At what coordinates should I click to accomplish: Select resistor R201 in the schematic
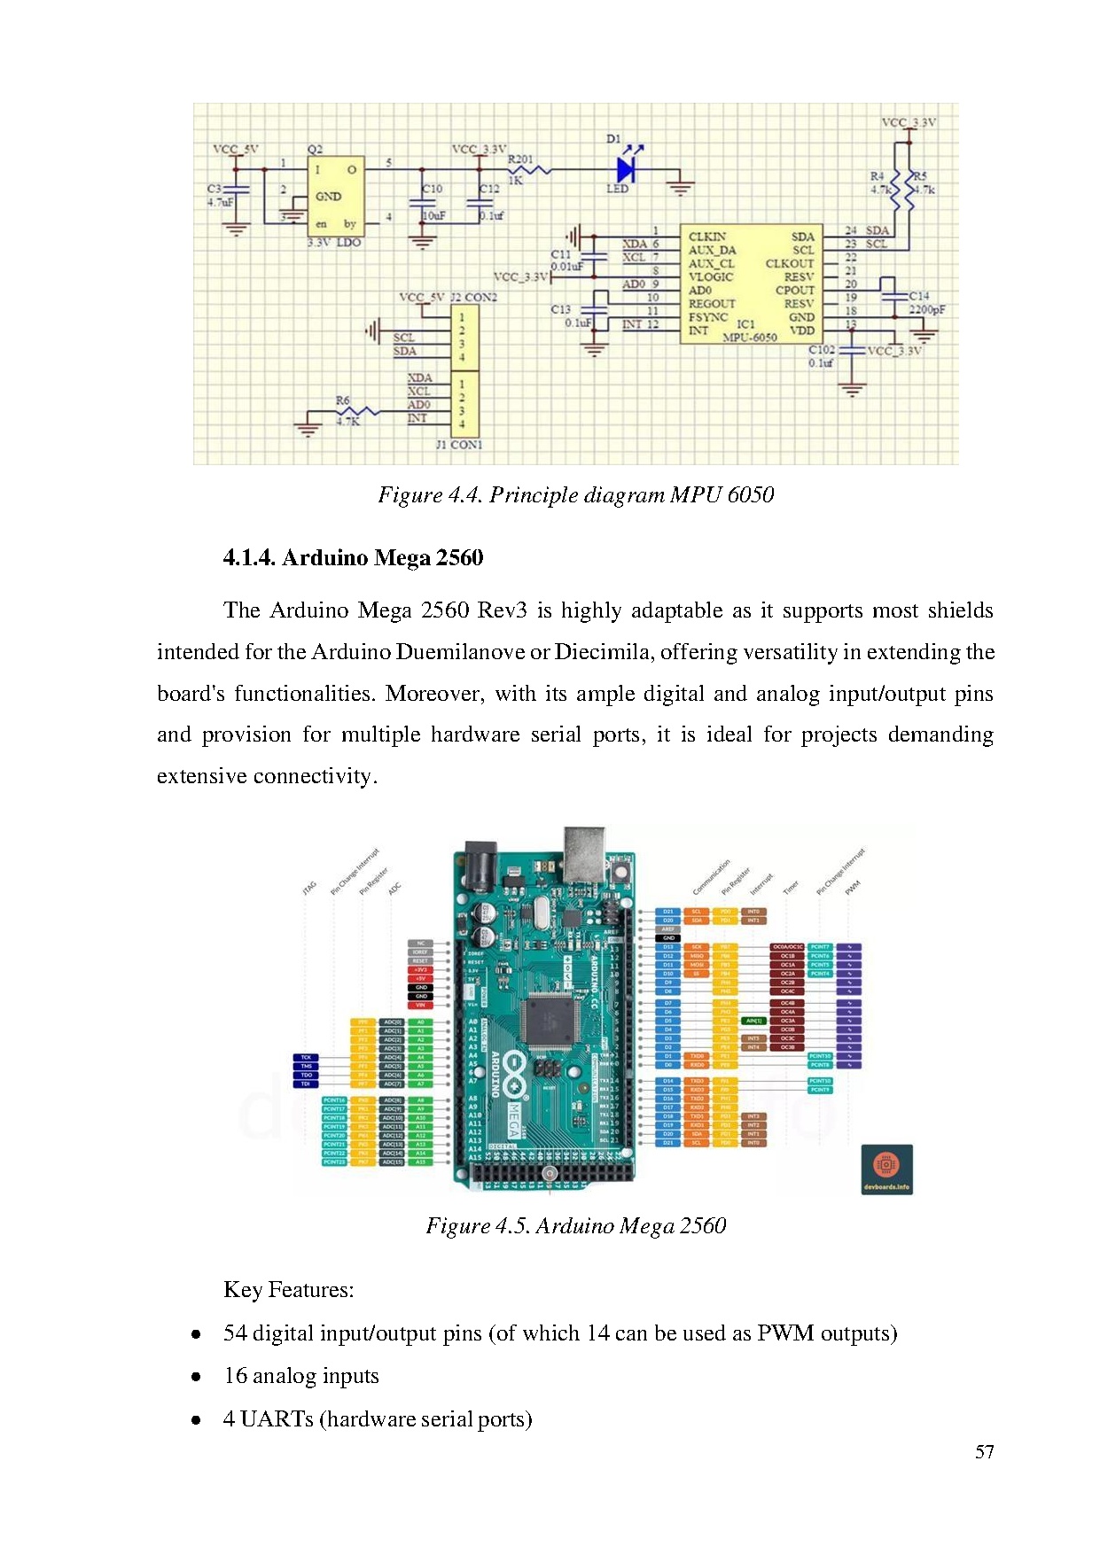(529, 169)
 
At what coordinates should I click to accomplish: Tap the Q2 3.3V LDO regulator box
(335, 197)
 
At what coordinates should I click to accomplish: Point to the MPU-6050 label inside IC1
(750, 338)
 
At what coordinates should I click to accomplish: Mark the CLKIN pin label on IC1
(707, 237)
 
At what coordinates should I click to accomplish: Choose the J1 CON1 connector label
(459, 445)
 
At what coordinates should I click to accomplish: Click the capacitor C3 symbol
(235, 190)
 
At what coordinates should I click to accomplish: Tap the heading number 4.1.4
(249, 557)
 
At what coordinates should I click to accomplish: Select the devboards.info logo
(886, 1169)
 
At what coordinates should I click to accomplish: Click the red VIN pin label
(420, 1005)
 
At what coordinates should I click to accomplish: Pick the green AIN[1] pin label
(753, 1021)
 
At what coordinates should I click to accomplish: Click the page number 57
(984, 1451)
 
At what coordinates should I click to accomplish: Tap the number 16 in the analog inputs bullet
(235, 1376)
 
